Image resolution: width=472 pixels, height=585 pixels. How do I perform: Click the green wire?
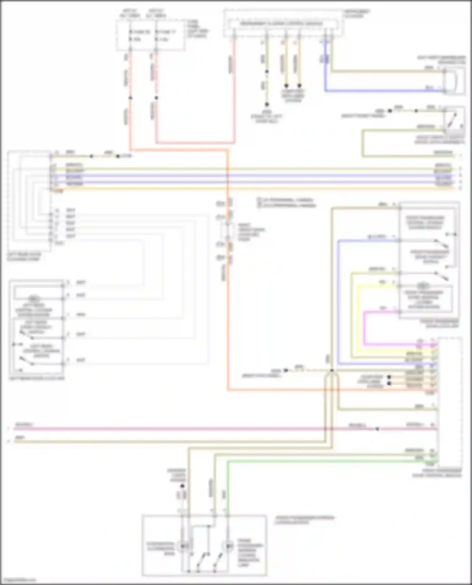(315, 461)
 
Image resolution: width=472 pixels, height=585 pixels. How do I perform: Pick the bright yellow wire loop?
(357, 317)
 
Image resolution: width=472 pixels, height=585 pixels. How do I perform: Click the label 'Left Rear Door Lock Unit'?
(37, 378)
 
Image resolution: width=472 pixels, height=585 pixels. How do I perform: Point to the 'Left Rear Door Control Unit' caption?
(24, 257)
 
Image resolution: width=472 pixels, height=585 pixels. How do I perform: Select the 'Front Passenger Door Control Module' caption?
(437, 473)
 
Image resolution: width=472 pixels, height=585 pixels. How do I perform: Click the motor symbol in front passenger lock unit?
(423, 286)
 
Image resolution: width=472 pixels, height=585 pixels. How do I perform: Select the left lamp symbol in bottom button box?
(182, 547)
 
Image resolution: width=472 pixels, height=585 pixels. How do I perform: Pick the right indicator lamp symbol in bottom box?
(228, 547)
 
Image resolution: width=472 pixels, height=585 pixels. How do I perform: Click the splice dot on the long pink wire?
(377, 429)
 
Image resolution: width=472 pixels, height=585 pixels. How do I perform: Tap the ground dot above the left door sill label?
(267, 104)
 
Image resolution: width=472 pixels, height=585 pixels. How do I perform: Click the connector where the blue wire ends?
(444, 91)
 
